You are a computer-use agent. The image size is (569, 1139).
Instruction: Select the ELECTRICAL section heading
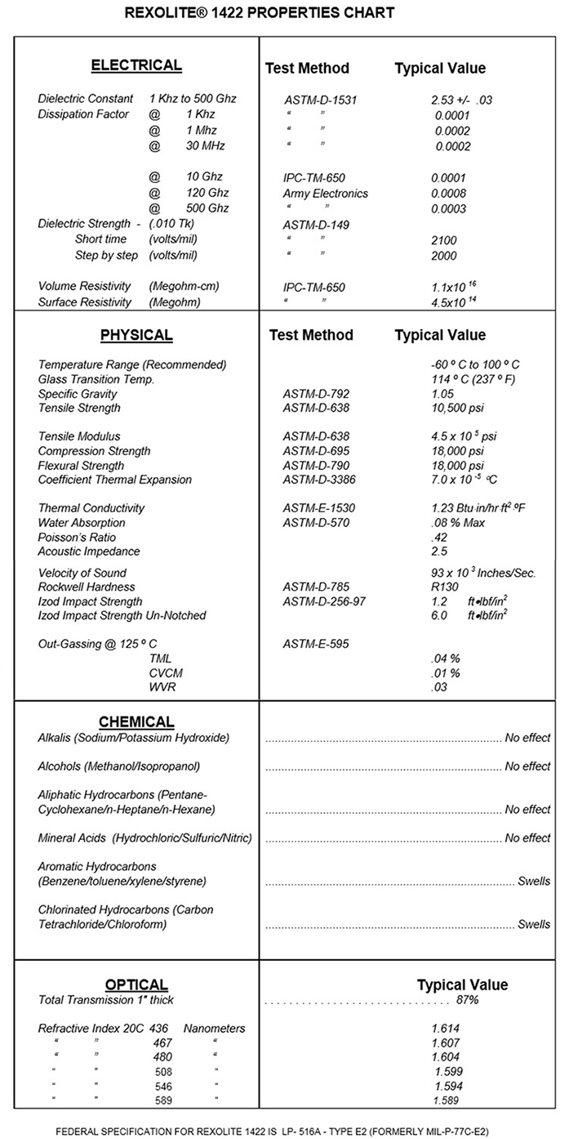coord(136,65)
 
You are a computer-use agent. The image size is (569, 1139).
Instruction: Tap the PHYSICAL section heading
coord(136,335)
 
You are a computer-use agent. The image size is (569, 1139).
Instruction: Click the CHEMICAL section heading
coord(136,721)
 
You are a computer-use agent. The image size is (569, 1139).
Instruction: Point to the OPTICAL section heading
coord(136,985)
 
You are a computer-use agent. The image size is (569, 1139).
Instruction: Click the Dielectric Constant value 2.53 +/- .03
coord(462,100)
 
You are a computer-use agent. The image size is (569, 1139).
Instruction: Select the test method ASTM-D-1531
coord(321,100)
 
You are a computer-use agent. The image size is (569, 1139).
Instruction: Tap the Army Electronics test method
coord(326,194)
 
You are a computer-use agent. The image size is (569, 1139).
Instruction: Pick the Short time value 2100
coord(444,240)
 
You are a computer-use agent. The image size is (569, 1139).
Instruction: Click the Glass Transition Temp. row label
coord(96,379)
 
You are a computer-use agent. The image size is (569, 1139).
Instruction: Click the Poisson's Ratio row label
coord(77,538)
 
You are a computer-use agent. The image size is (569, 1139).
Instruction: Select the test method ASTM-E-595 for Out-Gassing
coord(317,644)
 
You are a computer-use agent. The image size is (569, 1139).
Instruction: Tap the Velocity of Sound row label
coord(82,573)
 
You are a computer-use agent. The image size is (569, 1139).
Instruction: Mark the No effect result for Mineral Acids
coord(527,837)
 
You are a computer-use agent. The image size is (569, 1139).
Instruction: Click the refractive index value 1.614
coord(446,1029)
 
